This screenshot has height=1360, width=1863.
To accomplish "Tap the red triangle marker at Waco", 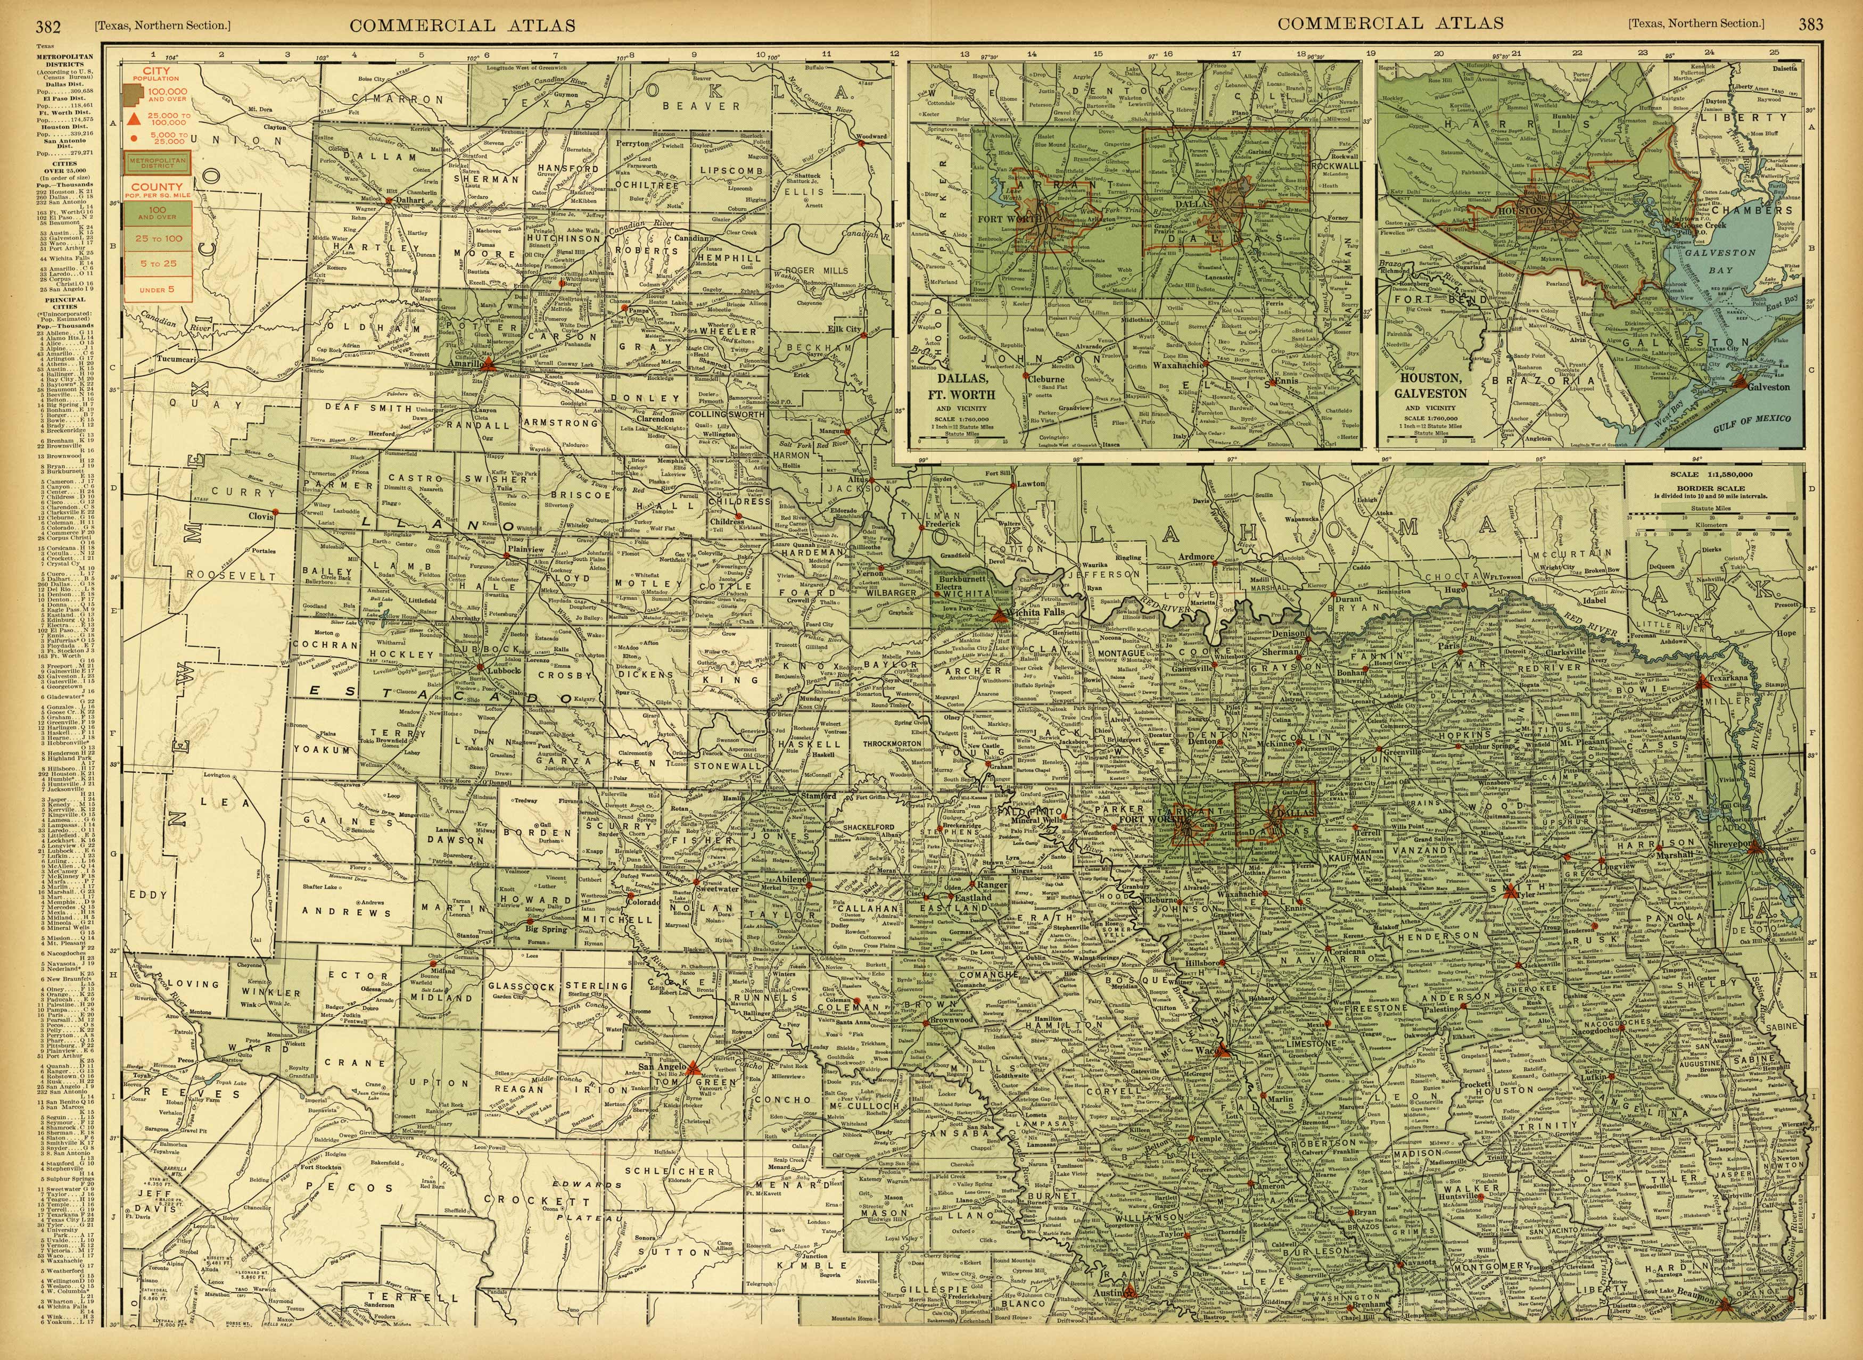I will coord(1223,1050).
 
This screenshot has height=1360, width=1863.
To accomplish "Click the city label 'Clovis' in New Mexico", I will coord(260,516).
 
